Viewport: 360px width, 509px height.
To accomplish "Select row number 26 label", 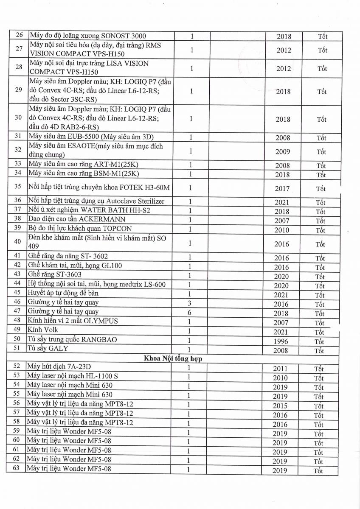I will pyautogui.click(x=18, y=36).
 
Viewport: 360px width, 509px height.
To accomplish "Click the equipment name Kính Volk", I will pyautogui.click(x=42, y=330).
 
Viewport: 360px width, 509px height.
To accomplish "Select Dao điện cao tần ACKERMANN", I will pyautogui.click(x=76, y=219).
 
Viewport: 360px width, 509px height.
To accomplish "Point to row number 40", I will pyautogui.click(x=17, y=242).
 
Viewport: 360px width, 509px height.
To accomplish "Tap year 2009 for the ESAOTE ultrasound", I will pyautogui.click(x=282, y=151).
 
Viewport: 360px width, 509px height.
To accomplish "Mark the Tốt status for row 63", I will pyautogui.click(x=318, y=470).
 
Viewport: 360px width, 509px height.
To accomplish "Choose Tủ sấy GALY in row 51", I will pyautogui.click(x=48, y=348).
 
